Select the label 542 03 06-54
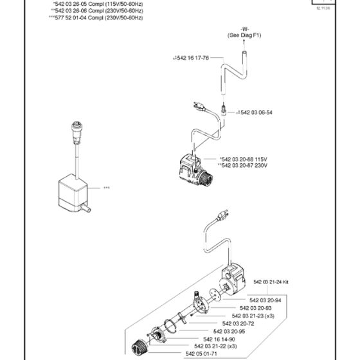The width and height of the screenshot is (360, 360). (255, 112)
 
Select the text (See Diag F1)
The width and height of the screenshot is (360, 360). (245, 36)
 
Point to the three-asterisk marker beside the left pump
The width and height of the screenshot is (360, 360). (106, 188)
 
